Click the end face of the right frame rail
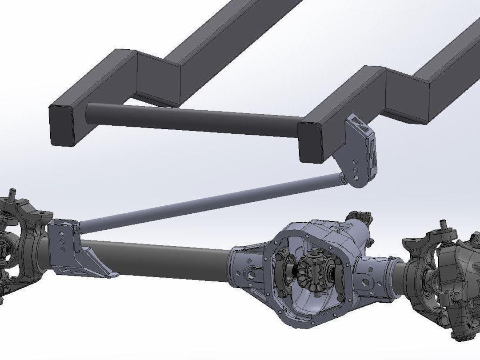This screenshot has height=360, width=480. coord(310,141)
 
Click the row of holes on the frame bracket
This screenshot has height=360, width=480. coord(355,169)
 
